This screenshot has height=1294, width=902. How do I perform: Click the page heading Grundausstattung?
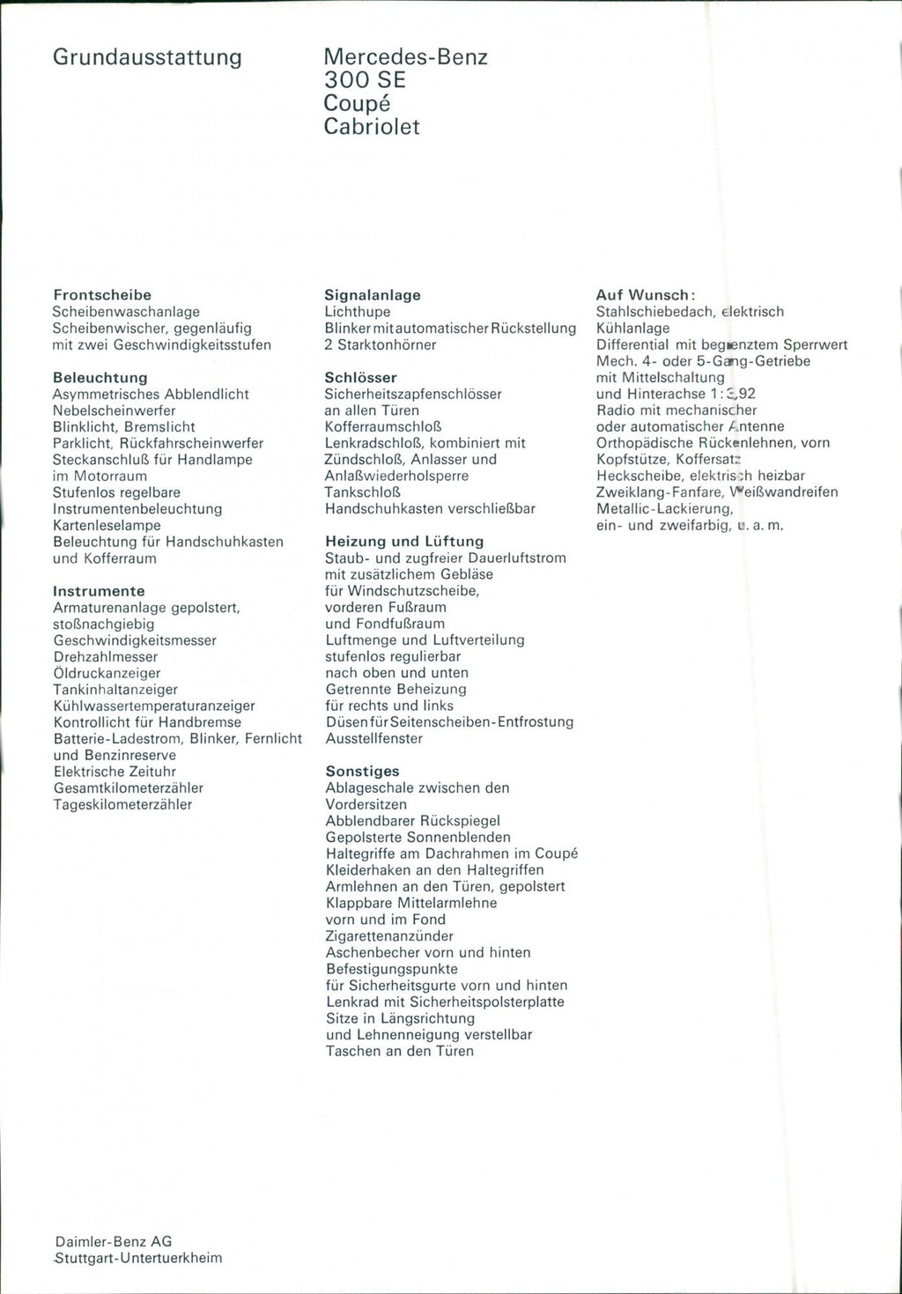147,58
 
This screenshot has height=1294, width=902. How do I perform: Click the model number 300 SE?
365,80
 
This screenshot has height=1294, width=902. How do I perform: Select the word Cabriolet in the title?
372,127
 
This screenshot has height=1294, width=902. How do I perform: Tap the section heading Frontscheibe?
102,295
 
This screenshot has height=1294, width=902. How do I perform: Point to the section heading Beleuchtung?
100,378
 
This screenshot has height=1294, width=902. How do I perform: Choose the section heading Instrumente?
99,591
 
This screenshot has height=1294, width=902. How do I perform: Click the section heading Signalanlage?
373,295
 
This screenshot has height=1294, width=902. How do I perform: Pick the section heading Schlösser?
361,378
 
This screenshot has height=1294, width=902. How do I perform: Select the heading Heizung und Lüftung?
404,542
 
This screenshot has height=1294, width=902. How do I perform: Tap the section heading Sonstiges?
363,772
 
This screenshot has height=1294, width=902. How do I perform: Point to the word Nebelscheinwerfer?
115,410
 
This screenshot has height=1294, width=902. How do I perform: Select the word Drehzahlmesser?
106,657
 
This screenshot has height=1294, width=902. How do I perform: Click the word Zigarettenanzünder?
390,935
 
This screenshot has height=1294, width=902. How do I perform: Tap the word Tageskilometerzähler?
122,804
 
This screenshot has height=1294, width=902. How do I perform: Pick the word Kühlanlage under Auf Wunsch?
632,329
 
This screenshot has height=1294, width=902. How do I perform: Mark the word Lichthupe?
358,312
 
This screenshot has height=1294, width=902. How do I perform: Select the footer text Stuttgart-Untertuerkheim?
137,1258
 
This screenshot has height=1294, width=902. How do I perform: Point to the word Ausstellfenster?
374,738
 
